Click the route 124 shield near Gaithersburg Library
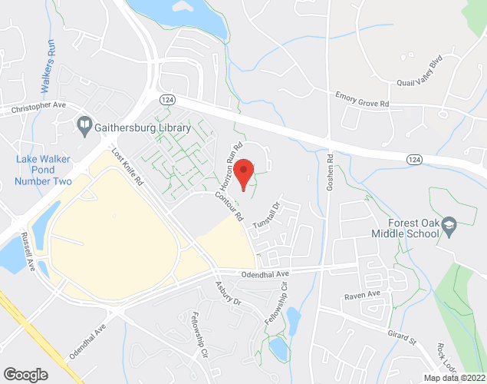coord(166,101)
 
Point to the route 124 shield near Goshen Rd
coord(414,158)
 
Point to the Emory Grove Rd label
coord(362,100)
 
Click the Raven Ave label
coord(363,295)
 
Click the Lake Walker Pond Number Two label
coord(44,170)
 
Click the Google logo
coord(25,374)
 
